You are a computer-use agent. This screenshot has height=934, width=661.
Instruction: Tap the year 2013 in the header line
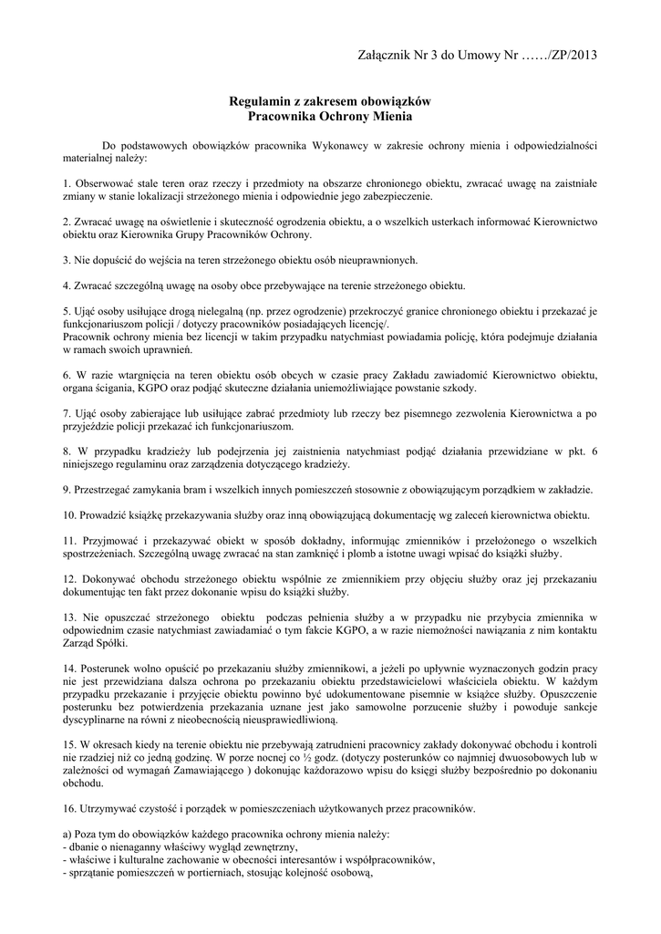point(581,56)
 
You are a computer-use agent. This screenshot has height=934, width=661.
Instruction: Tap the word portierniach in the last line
point(217,871)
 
